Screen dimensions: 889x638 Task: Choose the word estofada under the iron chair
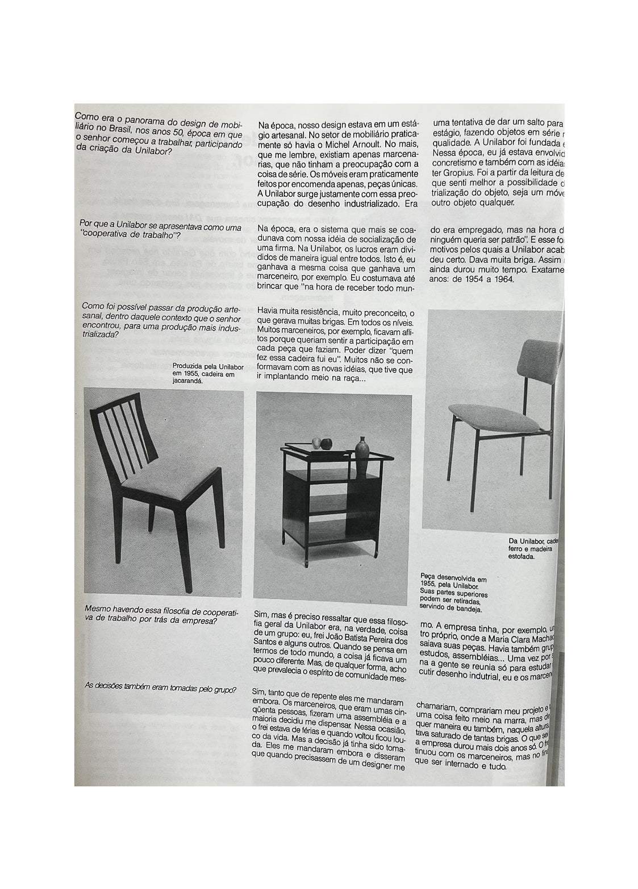click(x=522, y=557)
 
